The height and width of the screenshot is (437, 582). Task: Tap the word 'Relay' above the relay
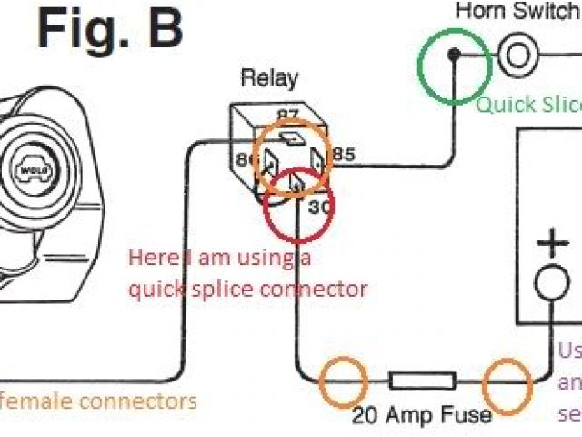tap(268, 78)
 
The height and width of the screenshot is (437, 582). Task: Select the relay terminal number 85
tap(343, 155)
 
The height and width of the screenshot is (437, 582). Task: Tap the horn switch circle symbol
tap(517, 55)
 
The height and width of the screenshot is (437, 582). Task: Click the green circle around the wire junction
tap(452, 63)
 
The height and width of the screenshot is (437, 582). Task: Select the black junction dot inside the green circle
tap(453, 56)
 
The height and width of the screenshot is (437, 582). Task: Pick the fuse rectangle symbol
tap(422, 381)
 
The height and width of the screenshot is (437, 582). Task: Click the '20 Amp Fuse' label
tap(422, 416)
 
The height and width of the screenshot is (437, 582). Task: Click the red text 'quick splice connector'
tap(248, 290)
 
